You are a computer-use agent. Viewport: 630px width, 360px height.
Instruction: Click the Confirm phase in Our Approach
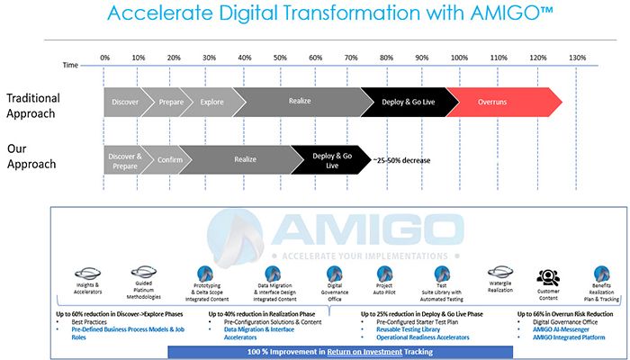(x=171, y=159)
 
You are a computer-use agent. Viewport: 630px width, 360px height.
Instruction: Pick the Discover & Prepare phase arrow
(x=124, y=159)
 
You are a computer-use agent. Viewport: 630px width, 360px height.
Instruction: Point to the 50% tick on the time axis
(x=280, y=58)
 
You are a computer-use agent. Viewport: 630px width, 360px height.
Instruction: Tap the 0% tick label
(x=104, y=58)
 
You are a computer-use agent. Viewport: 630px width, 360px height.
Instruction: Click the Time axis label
(x=70, y=66)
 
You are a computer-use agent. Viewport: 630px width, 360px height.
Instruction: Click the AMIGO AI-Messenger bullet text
(x=569, y=329)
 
